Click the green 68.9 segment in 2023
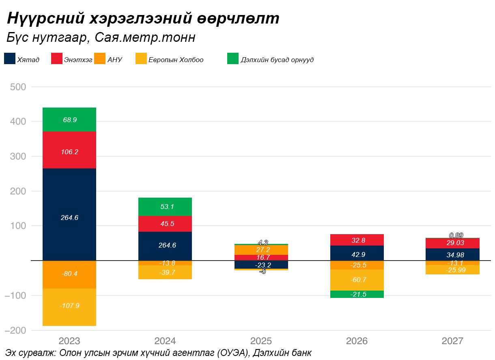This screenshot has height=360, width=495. click(69, 120)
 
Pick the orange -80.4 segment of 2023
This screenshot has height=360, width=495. click(69, 274)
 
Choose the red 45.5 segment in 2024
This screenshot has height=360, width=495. click(165, 223)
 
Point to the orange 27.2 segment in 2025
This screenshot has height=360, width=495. click(261, 250)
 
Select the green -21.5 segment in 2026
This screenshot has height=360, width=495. click(357, 294)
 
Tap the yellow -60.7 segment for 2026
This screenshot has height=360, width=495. click(357, 280)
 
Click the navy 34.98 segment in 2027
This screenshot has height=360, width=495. click(452, 254)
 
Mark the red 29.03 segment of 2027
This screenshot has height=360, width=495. click(452, 243)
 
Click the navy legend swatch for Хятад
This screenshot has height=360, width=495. click(10, 58)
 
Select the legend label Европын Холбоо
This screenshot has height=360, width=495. click(176, 60)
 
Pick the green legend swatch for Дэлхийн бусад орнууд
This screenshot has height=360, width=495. click(233, 58)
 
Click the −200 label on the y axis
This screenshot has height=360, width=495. click(15, 330)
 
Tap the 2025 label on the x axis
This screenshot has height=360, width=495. click(261, 341)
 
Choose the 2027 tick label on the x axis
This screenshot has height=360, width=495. click(452, 341)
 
